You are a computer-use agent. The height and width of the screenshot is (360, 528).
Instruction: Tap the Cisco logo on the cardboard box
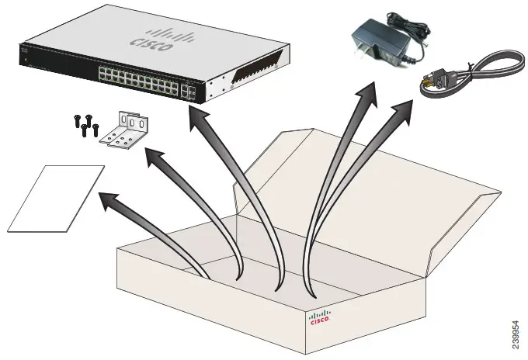tap(319, 319)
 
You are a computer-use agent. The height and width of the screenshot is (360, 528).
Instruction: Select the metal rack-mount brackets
tap(126, 130)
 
